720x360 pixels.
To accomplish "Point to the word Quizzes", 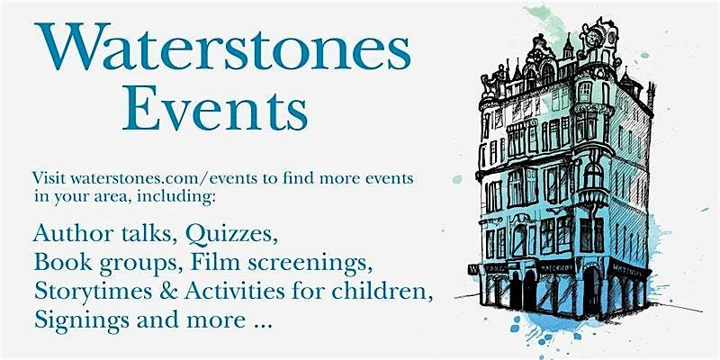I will point(232,236).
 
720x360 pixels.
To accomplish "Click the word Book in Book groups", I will point(58,263).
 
